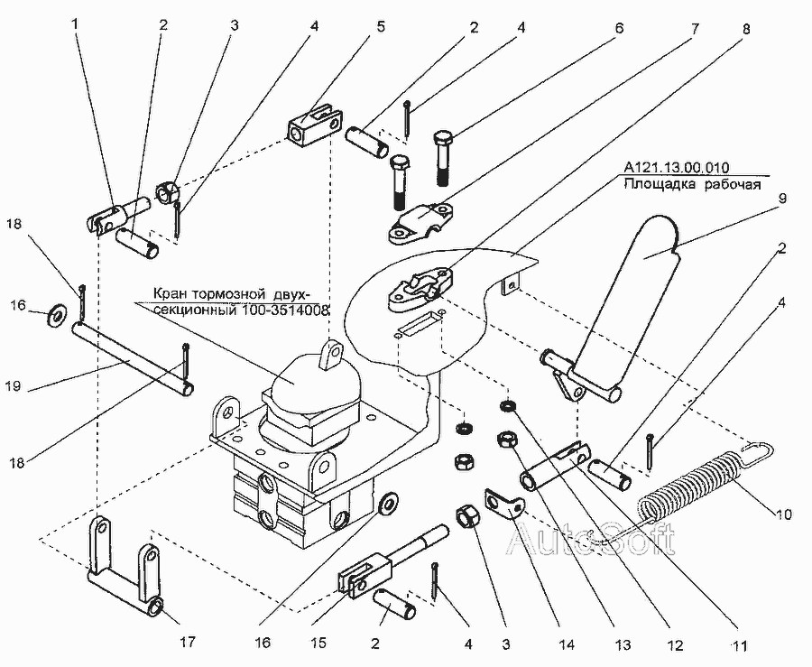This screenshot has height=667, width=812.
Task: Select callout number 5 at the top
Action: tap(380, 25)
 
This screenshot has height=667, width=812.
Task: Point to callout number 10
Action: tap(781, 515)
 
